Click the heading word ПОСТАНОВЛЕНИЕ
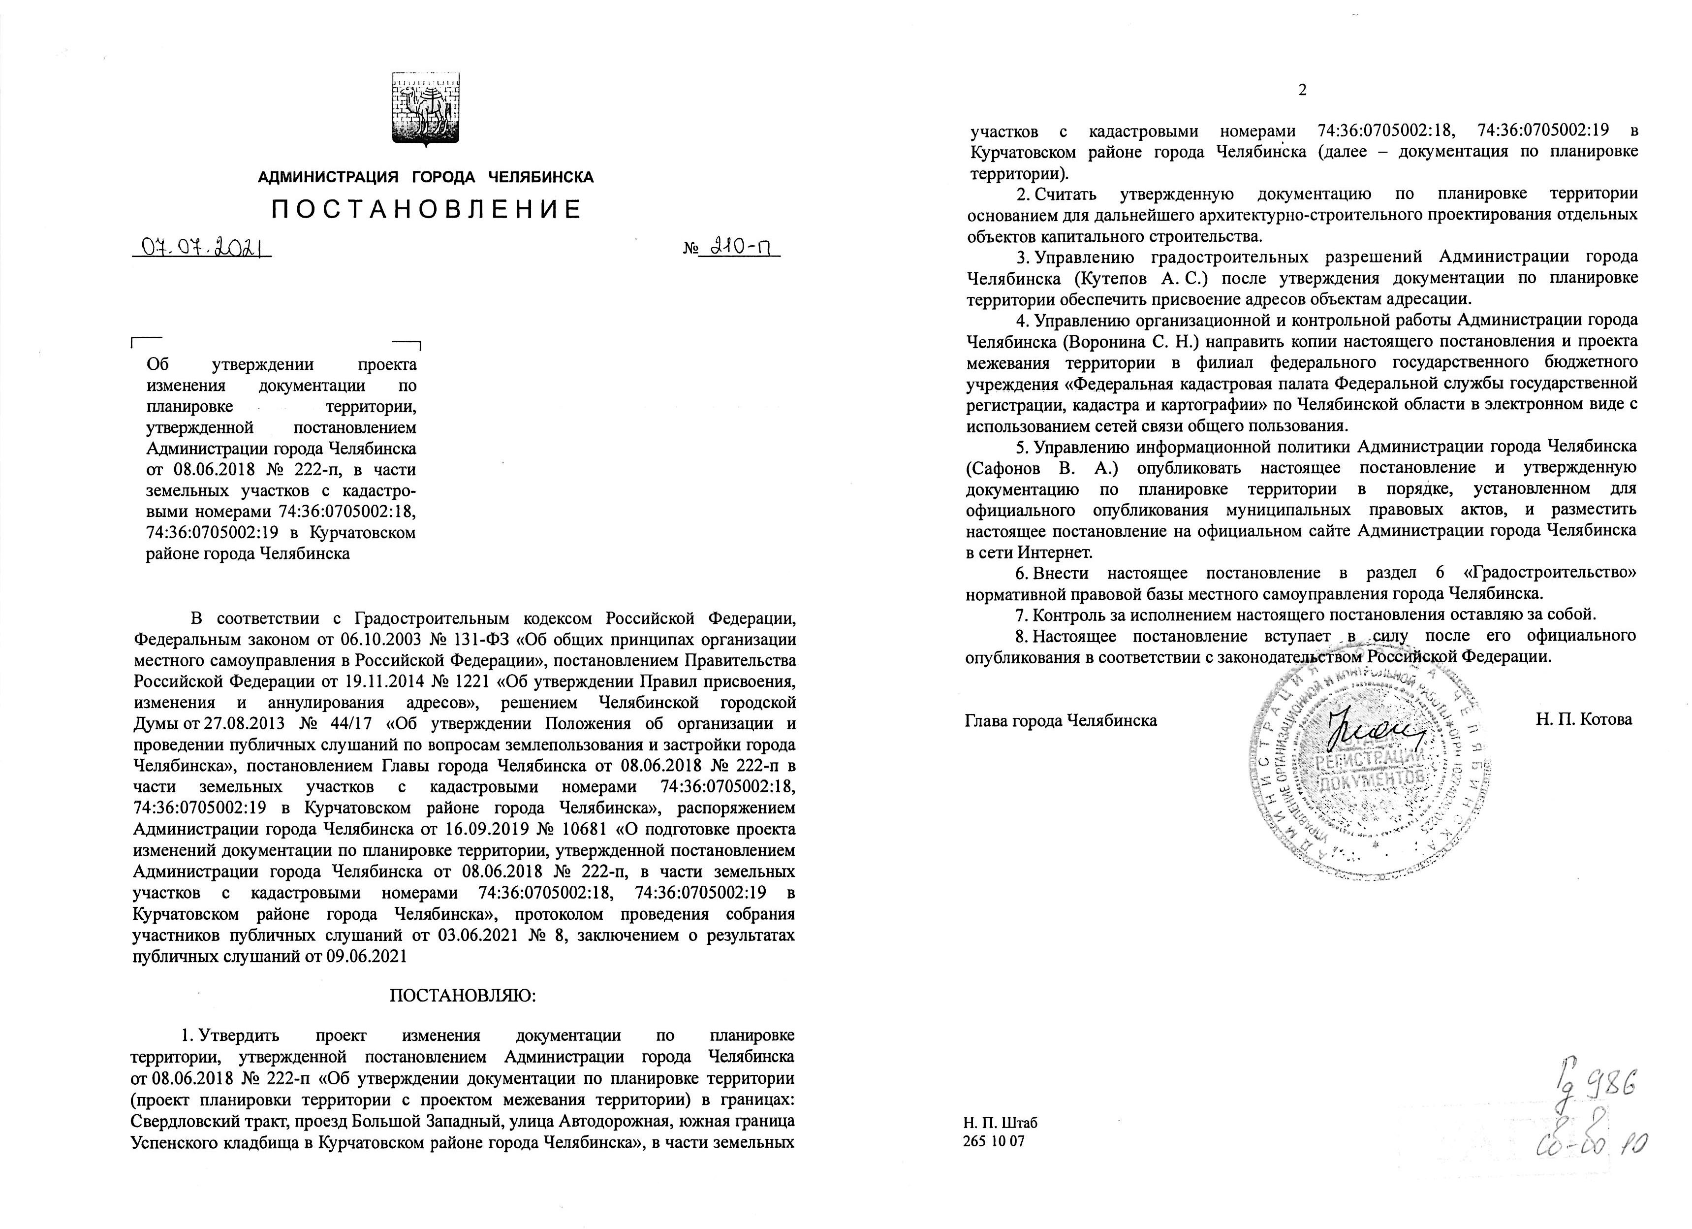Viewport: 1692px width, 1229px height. [x=426, y=210]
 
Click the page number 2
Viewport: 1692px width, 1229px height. [x=1303, y=111]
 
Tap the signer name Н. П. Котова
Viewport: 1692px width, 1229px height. [x=1584, y=719]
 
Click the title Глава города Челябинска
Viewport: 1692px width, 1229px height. [x=1061, y=720]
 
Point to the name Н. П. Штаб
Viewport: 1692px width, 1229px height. [x=1000, y=1123]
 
